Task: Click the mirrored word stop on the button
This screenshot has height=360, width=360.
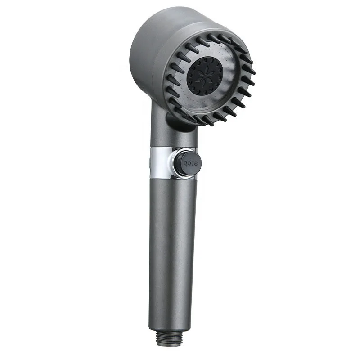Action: pyautogui.click(x=189, y=162)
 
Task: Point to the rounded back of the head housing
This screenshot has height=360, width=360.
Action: pyautogui.click(x=144, y=49)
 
